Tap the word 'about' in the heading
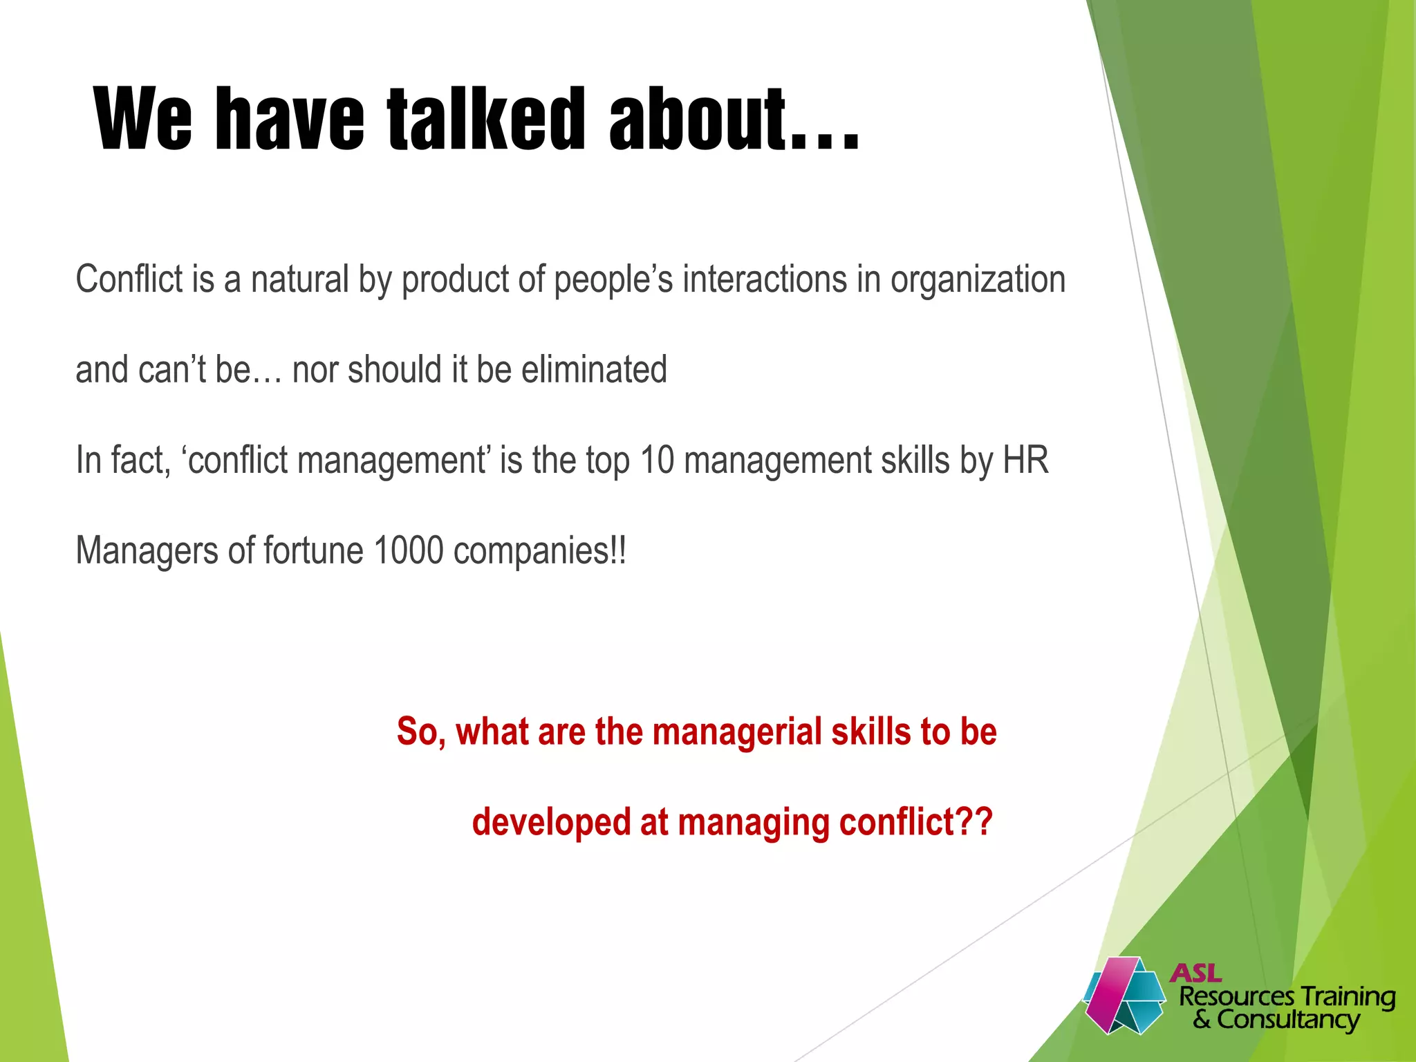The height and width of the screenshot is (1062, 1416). click(x=698, y=119)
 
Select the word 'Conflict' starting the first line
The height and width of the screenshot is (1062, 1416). click(x=131, y=279)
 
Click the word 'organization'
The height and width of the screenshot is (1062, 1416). click(x=978, y=281)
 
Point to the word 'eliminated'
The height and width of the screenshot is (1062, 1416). click(x=594, y=369)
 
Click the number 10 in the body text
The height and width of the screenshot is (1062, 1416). click(x=656, y=460)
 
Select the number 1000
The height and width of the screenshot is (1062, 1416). click(x=408, y=551)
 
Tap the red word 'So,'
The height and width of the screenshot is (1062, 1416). click(x=421, y=733)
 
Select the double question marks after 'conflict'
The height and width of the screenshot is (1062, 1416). click(x=975, y=821)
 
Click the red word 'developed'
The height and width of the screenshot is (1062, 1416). click(x=551, y=823)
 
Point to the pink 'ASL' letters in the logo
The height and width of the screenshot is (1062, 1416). click(x=1195, y=973)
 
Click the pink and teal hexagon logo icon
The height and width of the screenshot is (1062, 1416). click(x=1123, y=996)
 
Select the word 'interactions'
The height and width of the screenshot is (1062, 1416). click(x=764, y=279)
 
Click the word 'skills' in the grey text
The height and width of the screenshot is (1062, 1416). click(x=915, y=460)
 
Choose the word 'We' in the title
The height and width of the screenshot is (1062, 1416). click(x=143, y=119)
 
